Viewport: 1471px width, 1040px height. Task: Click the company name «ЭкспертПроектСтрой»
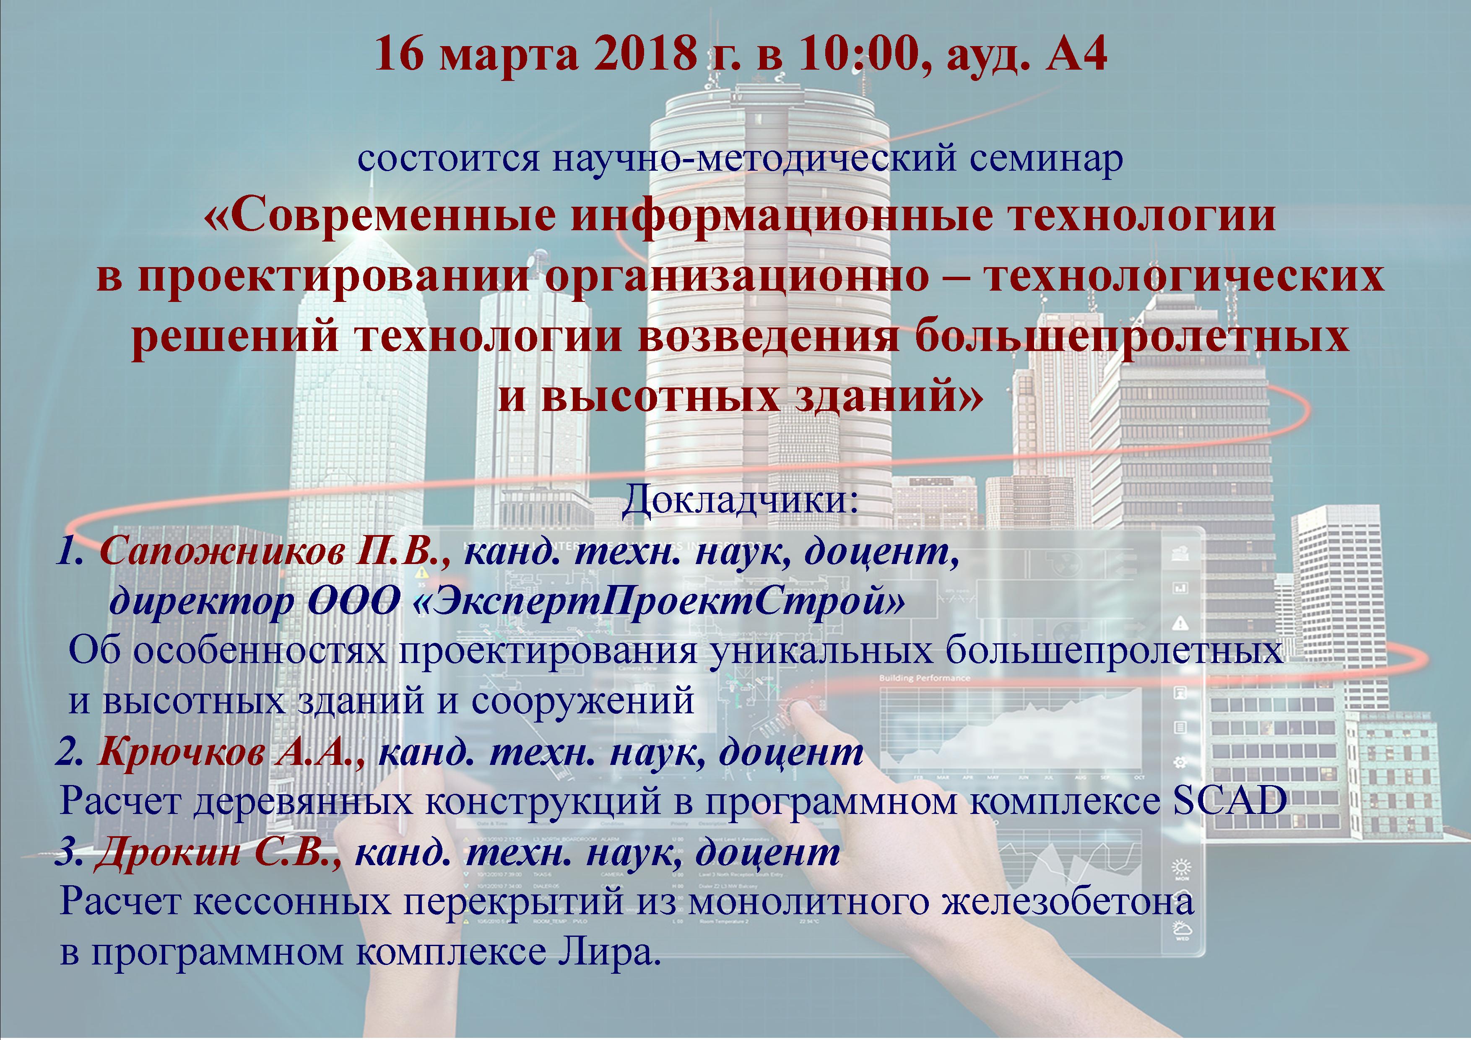point(660,602)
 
